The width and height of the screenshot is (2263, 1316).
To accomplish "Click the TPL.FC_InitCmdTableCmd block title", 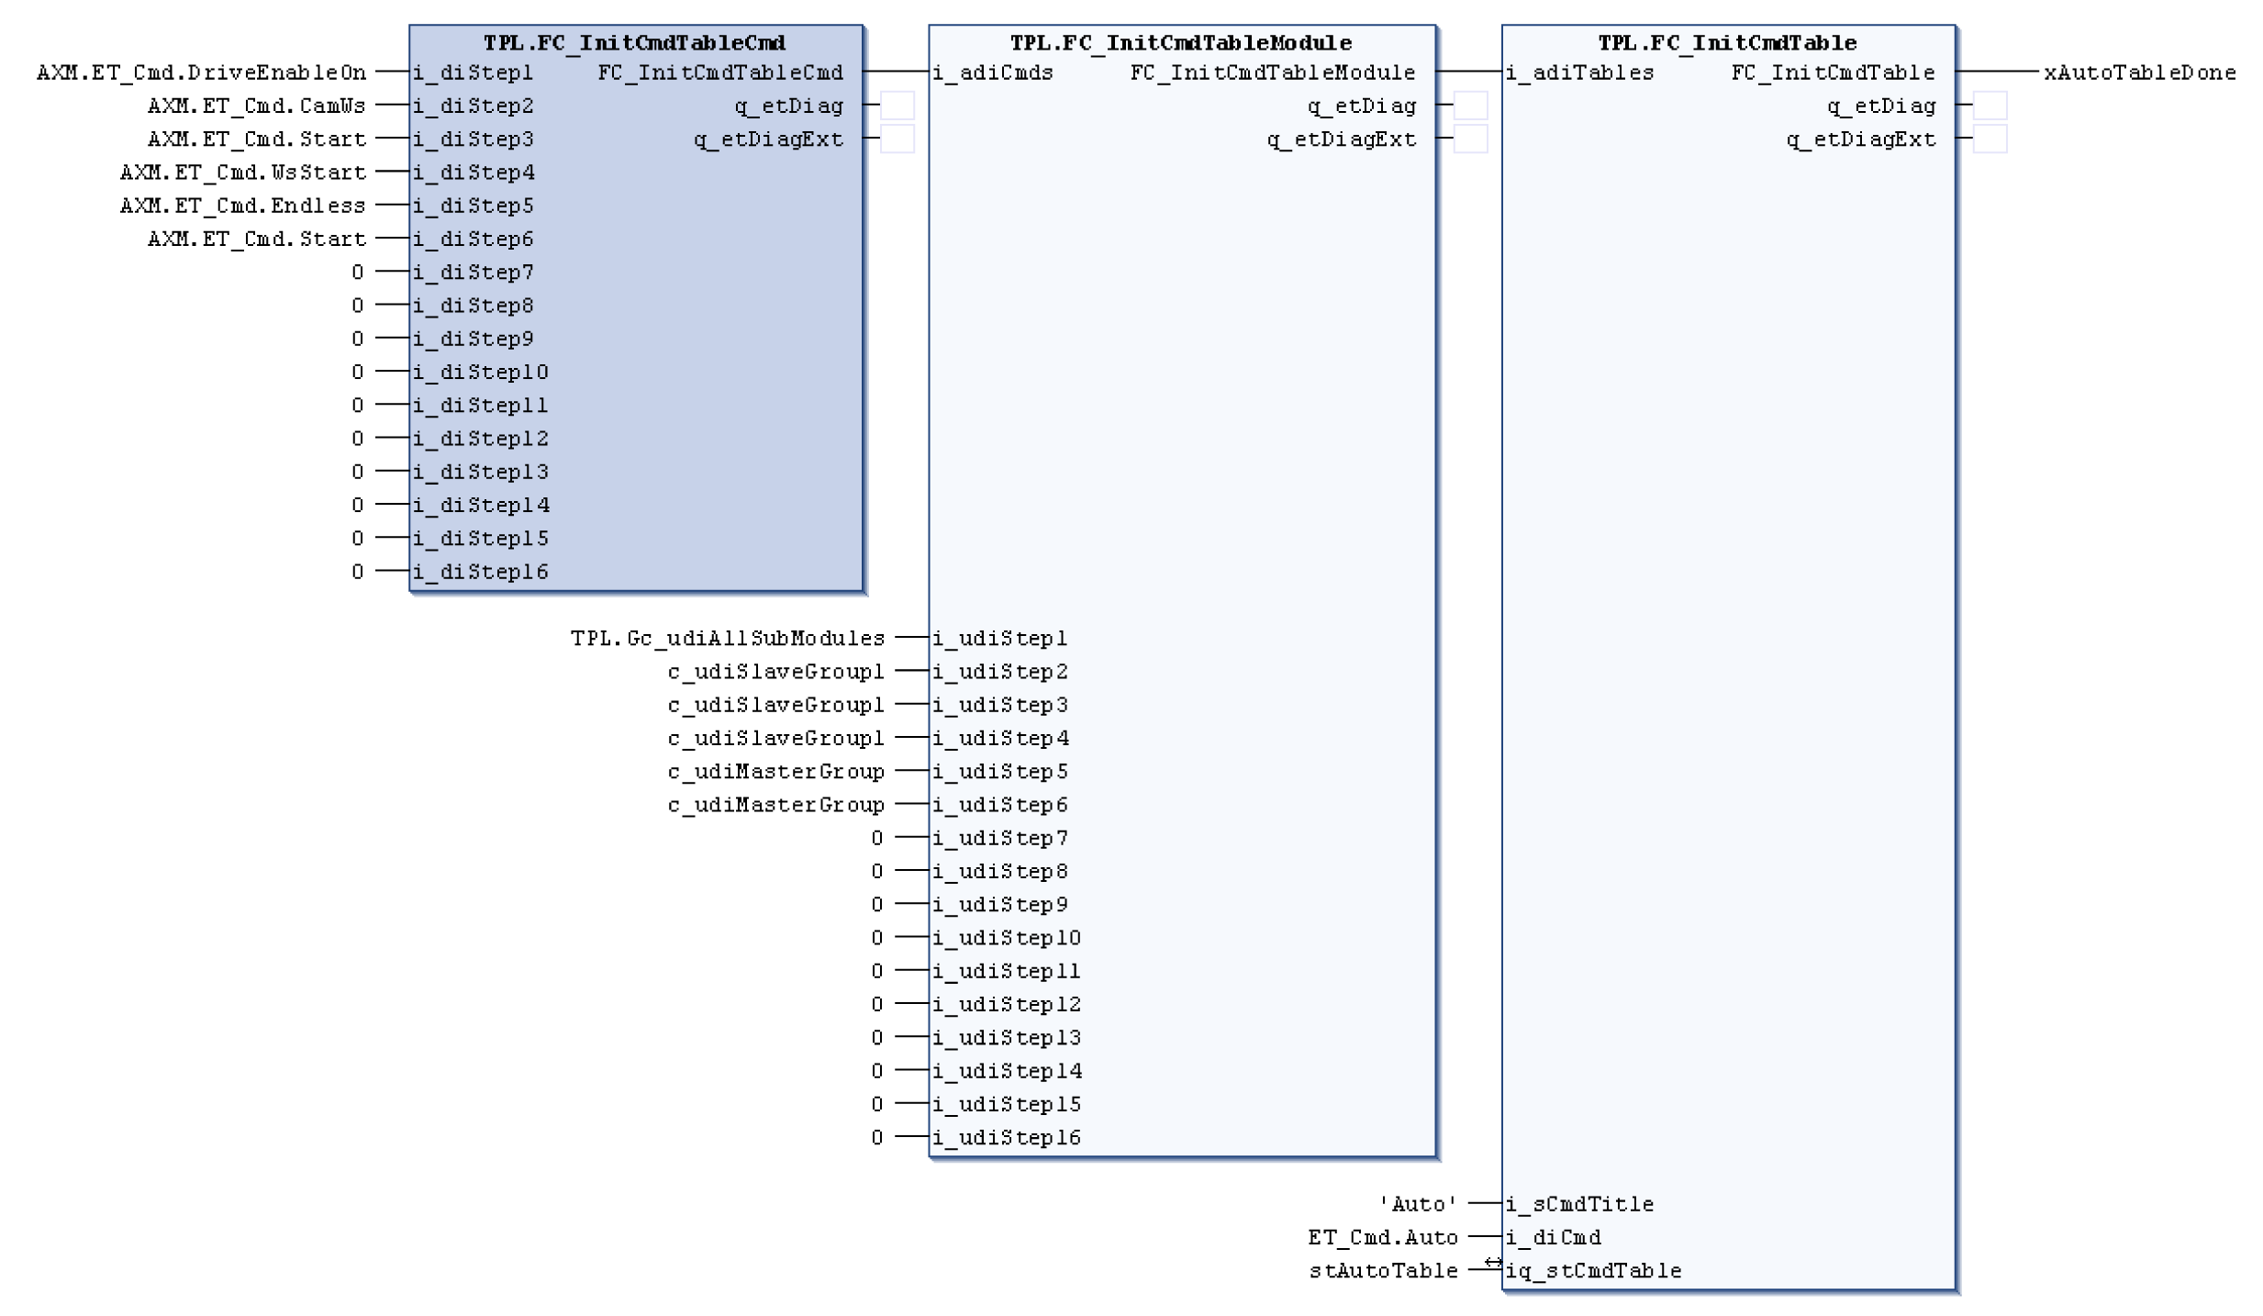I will [x=634, y=43].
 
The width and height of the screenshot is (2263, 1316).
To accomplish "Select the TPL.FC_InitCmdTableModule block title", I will [x=1180, y=43].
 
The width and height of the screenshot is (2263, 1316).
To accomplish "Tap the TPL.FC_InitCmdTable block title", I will [x=1726, y=43].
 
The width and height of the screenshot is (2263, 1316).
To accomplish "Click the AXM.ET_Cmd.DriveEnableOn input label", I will [x=201, y=72].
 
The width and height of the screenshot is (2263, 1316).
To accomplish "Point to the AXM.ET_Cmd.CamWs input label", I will [x=256, y=106].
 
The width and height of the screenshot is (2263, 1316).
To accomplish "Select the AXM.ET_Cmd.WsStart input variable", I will [x=242, y=173].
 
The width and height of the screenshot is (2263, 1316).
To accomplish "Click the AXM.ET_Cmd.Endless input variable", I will [x=242, y=206].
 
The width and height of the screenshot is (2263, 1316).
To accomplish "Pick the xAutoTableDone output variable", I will [x=2139, y=72].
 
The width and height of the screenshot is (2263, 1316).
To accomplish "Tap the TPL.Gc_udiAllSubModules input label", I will [x=727, y=638].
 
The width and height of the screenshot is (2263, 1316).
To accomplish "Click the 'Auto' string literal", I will [x=1418, y=1204].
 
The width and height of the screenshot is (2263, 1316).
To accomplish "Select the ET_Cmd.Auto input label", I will [x=1382, y=1237].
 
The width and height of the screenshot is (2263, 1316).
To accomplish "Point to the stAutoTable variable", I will [x=1383, y=1271].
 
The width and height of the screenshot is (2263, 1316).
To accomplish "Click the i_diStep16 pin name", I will [x=480, y=572].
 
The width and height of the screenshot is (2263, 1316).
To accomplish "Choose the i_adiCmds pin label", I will [x=993, y=72].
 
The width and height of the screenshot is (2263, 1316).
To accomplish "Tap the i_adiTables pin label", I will [x=1579, y=72].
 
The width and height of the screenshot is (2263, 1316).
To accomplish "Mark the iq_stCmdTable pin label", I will [x=1593, y=1271].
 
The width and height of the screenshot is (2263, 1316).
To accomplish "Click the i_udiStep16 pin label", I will [x=1007, y=1138].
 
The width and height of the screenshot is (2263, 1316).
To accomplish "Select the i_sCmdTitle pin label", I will [x=1579, y=1204].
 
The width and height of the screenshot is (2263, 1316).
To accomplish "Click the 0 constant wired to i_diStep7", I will [x=357, y=273].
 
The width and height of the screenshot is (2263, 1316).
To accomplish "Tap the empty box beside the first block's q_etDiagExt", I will [x=897, y=139].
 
